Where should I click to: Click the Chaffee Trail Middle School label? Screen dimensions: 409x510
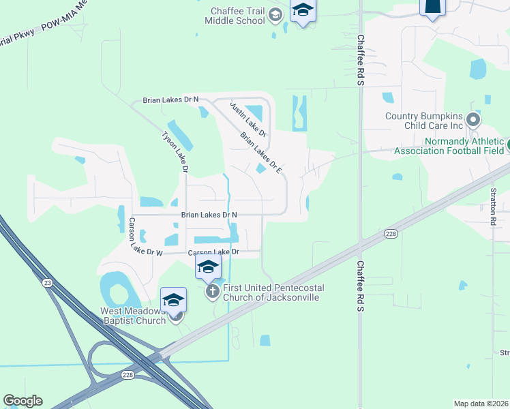(x=235, y=16)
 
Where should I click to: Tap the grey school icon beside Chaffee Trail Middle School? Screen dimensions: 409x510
(x=275, y=15)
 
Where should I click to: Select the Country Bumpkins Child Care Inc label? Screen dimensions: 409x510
(x=423, y=121)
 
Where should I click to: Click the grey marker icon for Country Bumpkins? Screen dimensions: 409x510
(x=473, y=121)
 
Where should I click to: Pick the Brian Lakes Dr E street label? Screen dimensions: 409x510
(x=261, y=151)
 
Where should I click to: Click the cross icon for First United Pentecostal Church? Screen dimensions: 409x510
(x=212, y=292)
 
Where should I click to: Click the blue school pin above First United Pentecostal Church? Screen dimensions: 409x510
(x=208, y=267)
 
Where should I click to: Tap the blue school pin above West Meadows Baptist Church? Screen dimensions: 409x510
(x=173, y=300)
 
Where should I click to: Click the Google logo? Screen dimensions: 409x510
(x=22, y=401)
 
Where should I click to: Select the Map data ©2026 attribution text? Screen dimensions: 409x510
(x=481, y=404)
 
